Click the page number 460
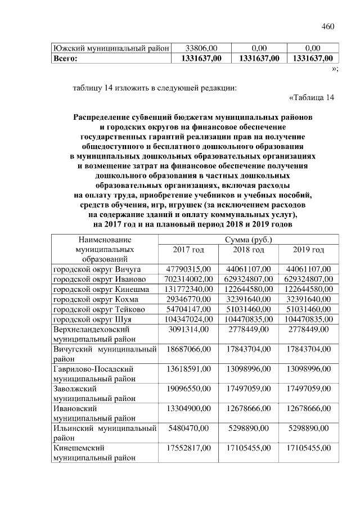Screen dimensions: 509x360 [328, 26]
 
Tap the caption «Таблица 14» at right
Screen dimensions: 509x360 [311, 98]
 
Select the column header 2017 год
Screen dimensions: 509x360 [188, 250]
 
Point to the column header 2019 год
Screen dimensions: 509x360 [309, 250]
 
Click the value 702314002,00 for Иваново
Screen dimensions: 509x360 [188, 279]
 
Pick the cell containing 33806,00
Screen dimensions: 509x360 [201, 48]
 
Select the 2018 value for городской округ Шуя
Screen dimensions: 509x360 [249, 319]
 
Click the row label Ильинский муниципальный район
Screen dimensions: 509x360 [104, 434]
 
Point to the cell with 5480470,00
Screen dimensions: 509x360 [188, 429]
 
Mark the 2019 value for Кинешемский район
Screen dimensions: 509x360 [309, 448]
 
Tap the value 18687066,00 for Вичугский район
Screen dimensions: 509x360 [188, 349]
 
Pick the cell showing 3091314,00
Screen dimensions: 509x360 [188, 329]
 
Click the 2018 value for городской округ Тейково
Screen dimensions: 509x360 [249, 309]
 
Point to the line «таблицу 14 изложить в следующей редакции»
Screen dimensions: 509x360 [155, 88]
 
